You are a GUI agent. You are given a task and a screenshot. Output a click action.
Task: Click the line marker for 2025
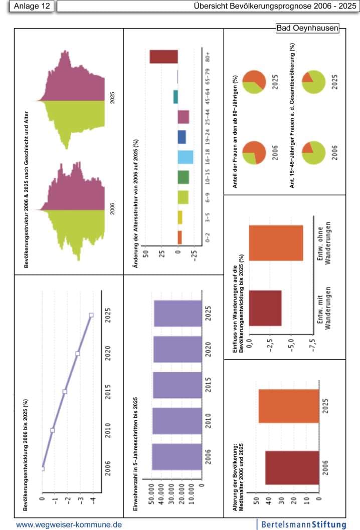pos(91,315)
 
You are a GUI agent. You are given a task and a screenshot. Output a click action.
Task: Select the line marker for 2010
pos(53,430)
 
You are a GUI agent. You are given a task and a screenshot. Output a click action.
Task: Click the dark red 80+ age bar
pos(164,57)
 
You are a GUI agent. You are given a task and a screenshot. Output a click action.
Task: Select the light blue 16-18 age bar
pos(186,157)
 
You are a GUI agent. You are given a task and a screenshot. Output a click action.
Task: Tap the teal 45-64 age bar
pos(175,97)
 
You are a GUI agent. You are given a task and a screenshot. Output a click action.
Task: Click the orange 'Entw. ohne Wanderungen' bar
pos(276,243)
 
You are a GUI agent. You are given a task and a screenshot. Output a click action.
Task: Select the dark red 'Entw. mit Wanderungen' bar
pos(265,308)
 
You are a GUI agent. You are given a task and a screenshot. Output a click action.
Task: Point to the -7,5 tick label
pos(313,346)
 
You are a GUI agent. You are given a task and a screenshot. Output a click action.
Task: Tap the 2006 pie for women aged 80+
pos(255,153)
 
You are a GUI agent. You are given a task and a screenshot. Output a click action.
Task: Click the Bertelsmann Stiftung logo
pos(304,524)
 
